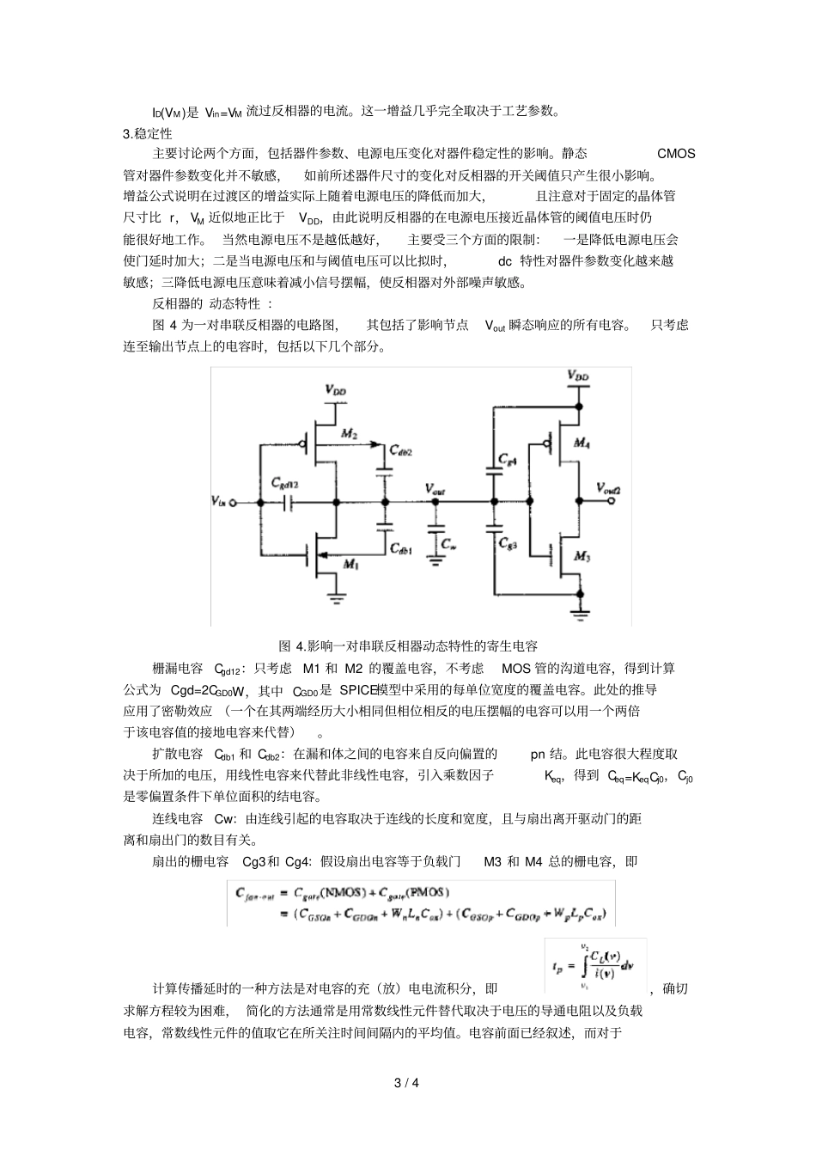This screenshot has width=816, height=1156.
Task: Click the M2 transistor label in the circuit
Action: coord(349,435)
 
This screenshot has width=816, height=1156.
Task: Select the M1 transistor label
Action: coord(350,564)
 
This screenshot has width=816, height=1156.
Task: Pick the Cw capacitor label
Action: coord(447,544)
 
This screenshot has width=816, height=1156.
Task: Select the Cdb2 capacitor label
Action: coord(400,451)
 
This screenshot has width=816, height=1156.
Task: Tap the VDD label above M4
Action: coord(578,377)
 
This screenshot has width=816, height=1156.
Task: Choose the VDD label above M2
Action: coord(336,390)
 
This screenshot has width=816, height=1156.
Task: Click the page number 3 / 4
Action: coord(407,1082)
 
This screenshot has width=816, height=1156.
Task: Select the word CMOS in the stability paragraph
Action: coord(676,154)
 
